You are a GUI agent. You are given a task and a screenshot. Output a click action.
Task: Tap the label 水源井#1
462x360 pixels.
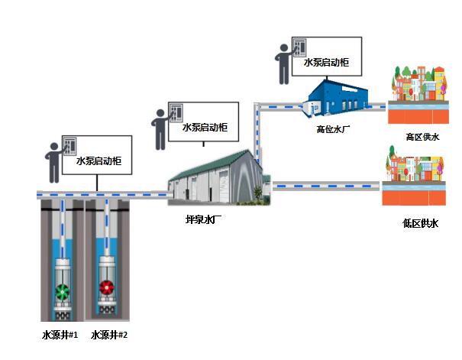[60, 334]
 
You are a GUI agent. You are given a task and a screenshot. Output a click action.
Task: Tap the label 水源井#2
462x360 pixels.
[108, 334]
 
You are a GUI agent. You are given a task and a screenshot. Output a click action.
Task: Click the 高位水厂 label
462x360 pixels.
[332, 128]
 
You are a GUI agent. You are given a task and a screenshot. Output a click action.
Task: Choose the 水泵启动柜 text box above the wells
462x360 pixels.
[99, 162]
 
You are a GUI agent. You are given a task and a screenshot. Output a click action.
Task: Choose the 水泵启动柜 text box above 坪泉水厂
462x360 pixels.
[205, 128]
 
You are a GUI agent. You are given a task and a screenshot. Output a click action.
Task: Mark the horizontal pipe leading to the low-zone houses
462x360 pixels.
[326, 185]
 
